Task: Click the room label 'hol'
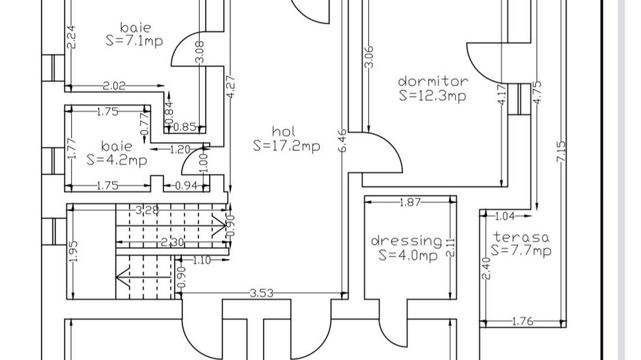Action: coord(284,131)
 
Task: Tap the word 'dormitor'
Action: coord(433,81)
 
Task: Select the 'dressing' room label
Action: coord(407,240)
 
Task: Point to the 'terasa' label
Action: coord(521,237)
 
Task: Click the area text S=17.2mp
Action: coord(286,146)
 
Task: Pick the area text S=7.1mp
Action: coord(134,41)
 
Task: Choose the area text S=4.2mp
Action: coord(116,160)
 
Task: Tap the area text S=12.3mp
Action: coord(433,96)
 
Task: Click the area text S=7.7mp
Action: coord(521,250)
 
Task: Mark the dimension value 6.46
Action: coord(342,141)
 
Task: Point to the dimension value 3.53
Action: coord(261,293)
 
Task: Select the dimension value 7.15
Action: coord(561,151)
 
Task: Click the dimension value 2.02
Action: coord(114,86)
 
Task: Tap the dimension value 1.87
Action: coord(409,202)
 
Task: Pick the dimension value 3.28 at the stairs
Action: coord(147,210)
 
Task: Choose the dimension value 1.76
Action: coord(522,322)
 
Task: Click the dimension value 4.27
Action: coord(230,86)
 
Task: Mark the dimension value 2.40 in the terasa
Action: coord(486,268)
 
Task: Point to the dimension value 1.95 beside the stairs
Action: coord(74,252)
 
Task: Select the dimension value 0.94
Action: coord(186,186)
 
